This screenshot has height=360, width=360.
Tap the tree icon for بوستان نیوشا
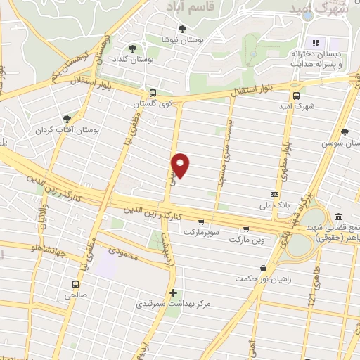click(x=183, y=29)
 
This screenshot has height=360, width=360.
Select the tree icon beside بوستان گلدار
click(x=132, y=49)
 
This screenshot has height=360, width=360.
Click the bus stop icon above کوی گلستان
click(x=153, y=93)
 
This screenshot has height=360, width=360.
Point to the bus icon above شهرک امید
click(x=296, y=96)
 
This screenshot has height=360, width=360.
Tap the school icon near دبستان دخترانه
click(x=315, y=44)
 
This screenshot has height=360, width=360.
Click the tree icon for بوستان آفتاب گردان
click(x=67, y=120)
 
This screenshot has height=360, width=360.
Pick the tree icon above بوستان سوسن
click(x=344, y=132)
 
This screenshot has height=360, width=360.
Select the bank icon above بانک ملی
click(x=275, y=194)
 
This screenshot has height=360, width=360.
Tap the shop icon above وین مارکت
click(x=246, y=229)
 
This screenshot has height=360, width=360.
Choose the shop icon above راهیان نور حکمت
click(x=263, y=268)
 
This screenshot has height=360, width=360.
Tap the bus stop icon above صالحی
click(x=75, y=285)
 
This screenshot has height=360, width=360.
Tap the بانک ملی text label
click(x=274, y=205)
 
